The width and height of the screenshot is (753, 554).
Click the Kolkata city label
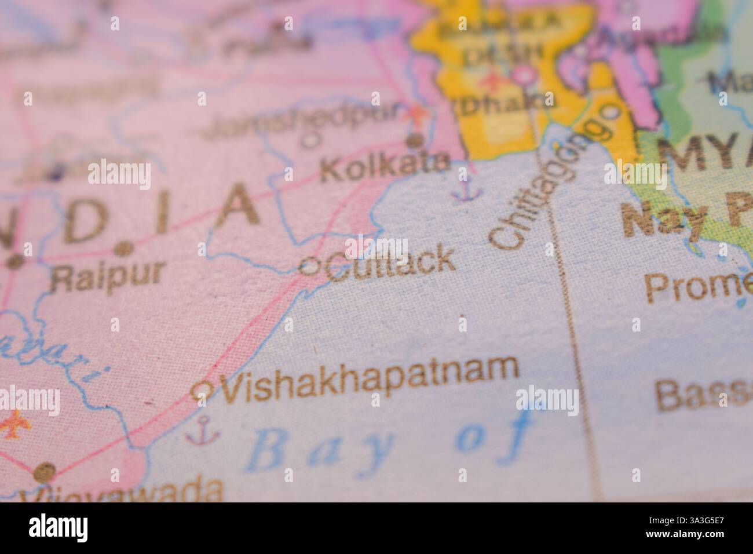coord(385,167)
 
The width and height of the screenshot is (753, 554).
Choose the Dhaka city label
coord(505,104)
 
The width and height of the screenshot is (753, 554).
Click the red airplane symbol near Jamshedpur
coord(416,114)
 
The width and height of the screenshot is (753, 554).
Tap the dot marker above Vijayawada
coord(44,471)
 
